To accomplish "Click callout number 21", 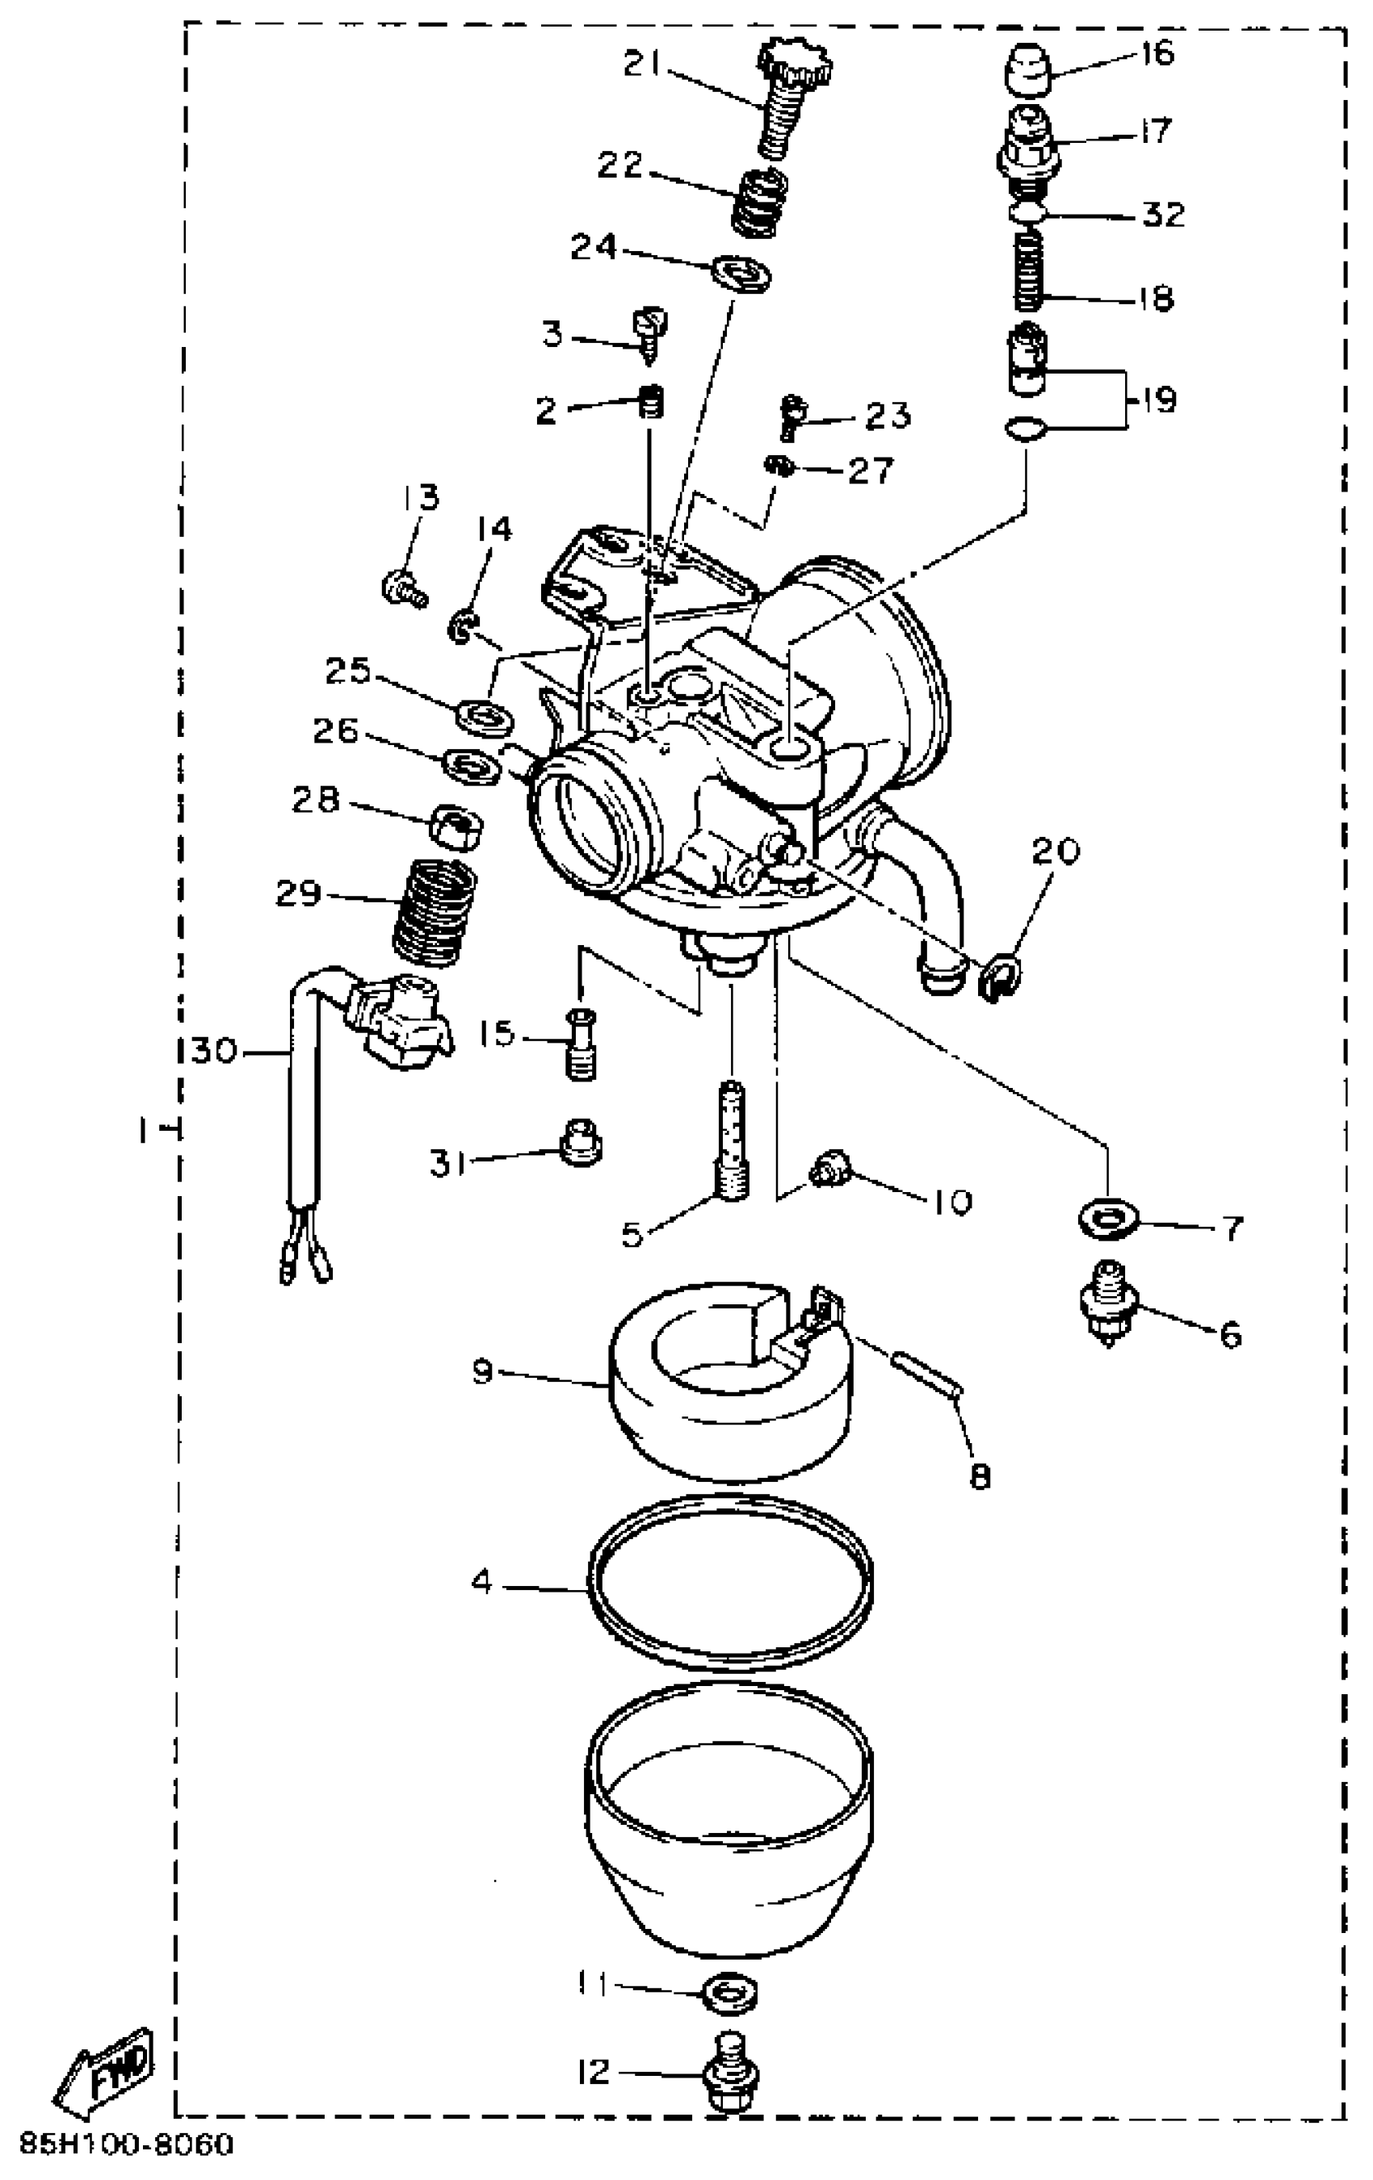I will pyautogui.click(x=643, y=65).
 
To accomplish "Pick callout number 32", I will pyautogui.click(x=1164, y=215).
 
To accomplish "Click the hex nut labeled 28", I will pyautogui.click(x=456, y=826).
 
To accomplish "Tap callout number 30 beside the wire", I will pyautogui.click(x=214, y=1052).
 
